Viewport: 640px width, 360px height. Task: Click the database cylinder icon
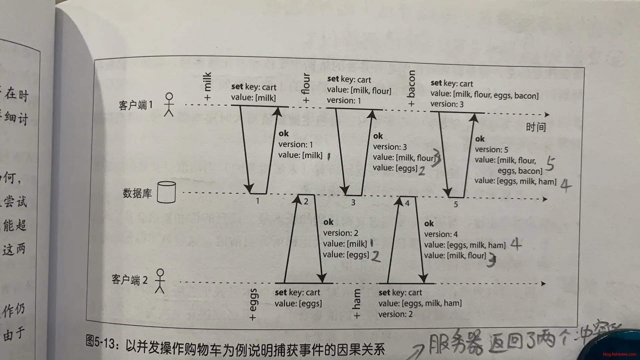click(x=166, y=192)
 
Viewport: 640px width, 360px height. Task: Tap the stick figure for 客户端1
click(x=169, y=104)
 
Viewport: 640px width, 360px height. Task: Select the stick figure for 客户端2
click(x=160, y=281)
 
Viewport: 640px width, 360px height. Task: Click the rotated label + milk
click(x=207, y=86)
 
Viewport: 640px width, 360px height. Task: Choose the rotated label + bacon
click(x=411, y=89)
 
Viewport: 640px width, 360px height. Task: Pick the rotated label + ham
click(x=357, y=304)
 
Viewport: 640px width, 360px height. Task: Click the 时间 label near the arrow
click(x=536, y=127)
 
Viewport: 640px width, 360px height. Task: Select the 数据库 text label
click(x=137, y=193)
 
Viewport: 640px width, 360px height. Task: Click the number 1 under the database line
click(x=257, y=201)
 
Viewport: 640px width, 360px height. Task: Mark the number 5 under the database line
click(x=456, y=204)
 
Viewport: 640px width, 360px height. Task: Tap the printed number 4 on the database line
click(x=407, y=203)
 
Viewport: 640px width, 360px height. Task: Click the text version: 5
click(x=491, y=149)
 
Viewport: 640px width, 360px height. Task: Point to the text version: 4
click(x=441, y=234)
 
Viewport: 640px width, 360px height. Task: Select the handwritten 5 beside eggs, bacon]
click(x=550, y=164)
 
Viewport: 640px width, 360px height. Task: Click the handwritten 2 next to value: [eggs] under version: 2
click(x=376, y=256)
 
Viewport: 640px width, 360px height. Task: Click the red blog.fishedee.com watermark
click(x=619, y=354)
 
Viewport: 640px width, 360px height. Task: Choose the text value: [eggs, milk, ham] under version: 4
click(x=465, y=245)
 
